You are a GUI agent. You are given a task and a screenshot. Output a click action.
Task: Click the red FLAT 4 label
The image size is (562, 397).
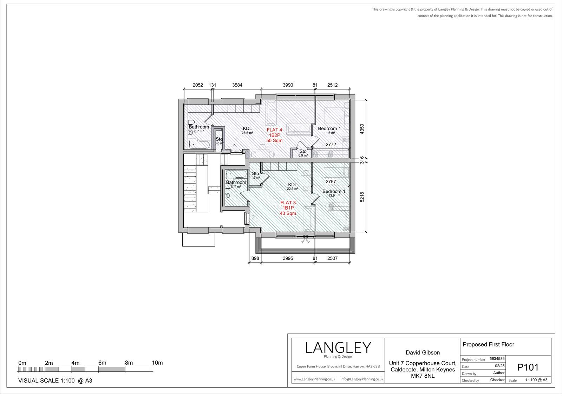click(x=274, y=130)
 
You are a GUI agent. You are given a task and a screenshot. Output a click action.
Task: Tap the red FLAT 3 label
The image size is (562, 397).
click(x=288, y=203)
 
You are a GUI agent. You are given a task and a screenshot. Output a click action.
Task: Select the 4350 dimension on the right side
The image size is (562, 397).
click(x=362, y=129)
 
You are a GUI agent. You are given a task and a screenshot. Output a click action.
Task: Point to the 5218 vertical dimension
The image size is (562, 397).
click(x=362, y=197)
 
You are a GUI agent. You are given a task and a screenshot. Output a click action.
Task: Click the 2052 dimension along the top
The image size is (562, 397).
click(x=198, y=85)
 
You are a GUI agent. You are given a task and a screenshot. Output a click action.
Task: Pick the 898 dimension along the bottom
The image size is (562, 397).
click(x=255, y=258)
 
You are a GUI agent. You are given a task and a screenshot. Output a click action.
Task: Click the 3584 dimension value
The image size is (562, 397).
click(x=237, y=85)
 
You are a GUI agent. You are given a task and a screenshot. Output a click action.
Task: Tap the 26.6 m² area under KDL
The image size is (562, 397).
click(x=247, y=133)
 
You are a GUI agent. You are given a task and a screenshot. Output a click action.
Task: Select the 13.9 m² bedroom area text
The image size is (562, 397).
click(x=334, y=196)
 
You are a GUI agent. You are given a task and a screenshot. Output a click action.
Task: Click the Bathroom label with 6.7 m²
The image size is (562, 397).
click(x=199, y=127)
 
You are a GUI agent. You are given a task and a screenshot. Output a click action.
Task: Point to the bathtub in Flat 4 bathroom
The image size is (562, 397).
click(x=200, y=144)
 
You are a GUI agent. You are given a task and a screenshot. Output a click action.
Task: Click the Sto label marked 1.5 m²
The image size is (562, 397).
click(x=255, y=173)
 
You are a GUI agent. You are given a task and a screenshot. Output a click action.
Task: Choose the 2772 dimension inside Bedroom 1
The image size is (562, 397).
click(x=331, y=145)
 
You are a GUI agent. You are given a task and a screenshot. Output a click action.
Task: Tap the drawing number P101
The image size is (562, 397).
click(x=528, y=368)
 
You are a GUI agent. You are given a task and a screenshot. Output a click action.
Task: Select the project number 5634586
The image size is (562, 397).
click(x=497, y=359)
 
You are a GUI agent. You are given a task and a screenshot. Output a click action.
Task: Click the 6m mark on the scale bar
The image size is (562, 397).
click(x=102, y=363)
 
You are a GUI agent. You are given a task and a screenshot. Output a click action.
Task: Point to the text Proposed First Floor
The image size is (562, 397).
click(x=488, y=345)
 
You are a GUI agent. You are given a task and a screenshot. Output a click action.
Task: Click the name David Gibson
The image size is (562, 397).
click(x=423, y=353)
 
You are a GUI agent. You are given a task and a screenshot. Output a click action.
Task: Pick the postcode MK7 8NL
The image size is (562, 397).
click(x=423, y=376)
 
